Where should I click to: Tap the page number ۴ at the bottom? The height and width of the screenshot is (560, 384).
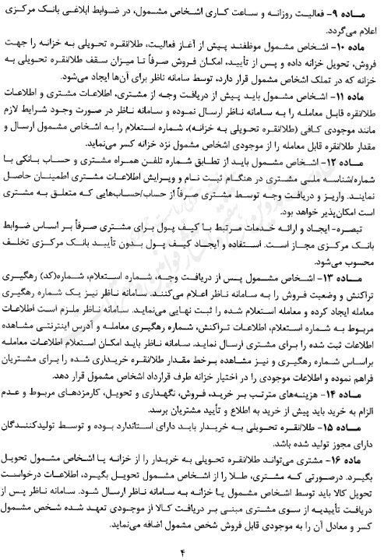point(192,551)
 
